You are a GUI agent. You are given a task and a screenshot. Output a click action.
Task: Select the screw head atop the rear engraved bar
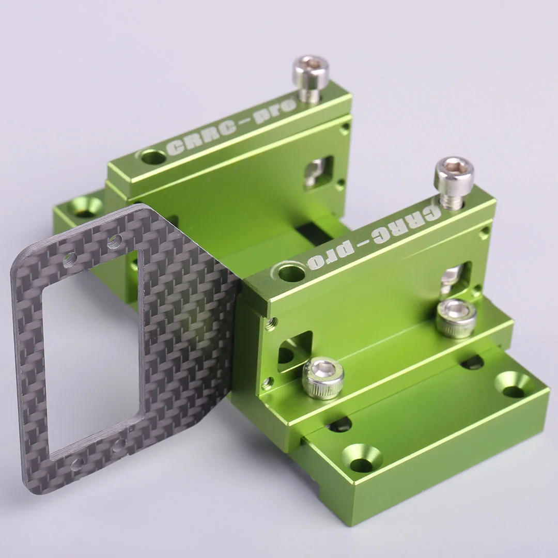pyautogui.click(x=311, y=71)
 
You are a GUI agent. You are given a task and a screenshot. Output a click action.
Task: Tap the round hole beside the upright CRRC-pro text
pyautogui.click(x=153, y=156)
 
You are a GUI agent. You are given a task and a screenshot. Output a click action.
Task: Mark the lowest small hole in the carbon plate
pyautogui.click(x=78, y=463)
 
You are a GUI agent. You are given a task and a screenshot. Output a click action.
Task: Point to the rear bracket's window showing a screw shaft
pyautogui.click(x=318, y=173)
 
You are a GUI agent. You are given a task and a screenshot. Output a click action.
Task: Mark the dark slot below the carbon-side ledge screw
pyautogui.click(x=339, y=425)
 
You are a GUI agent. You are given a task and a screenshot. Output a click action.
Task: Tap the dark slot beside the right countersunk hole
pyautogui.click(x=472, y=363)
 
